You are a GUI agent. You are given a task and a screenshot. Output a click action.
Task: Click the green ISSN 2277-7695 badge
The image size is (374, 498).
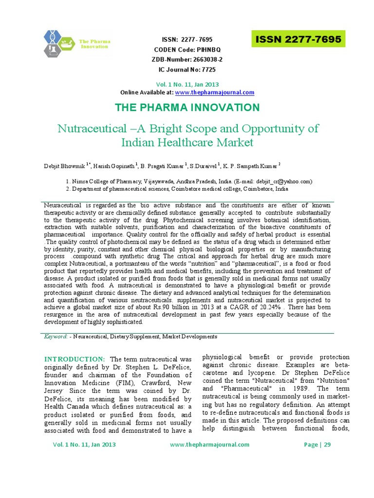coord(298,39)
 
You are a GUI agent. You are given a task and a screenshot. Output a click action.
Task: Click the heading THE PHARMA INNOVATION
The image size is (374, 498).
coord(187,107)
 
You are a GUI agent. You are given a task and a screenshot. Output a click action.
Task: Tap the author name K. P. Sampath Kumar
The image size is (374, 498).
coord(249,166)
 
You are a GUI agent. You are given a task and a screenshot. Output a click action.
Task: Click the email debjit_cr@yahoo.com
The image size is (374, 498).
coord(284,181)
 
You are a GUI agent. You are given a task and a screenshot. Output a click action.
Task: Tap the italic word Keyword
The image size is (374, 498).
coord(55,337)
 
